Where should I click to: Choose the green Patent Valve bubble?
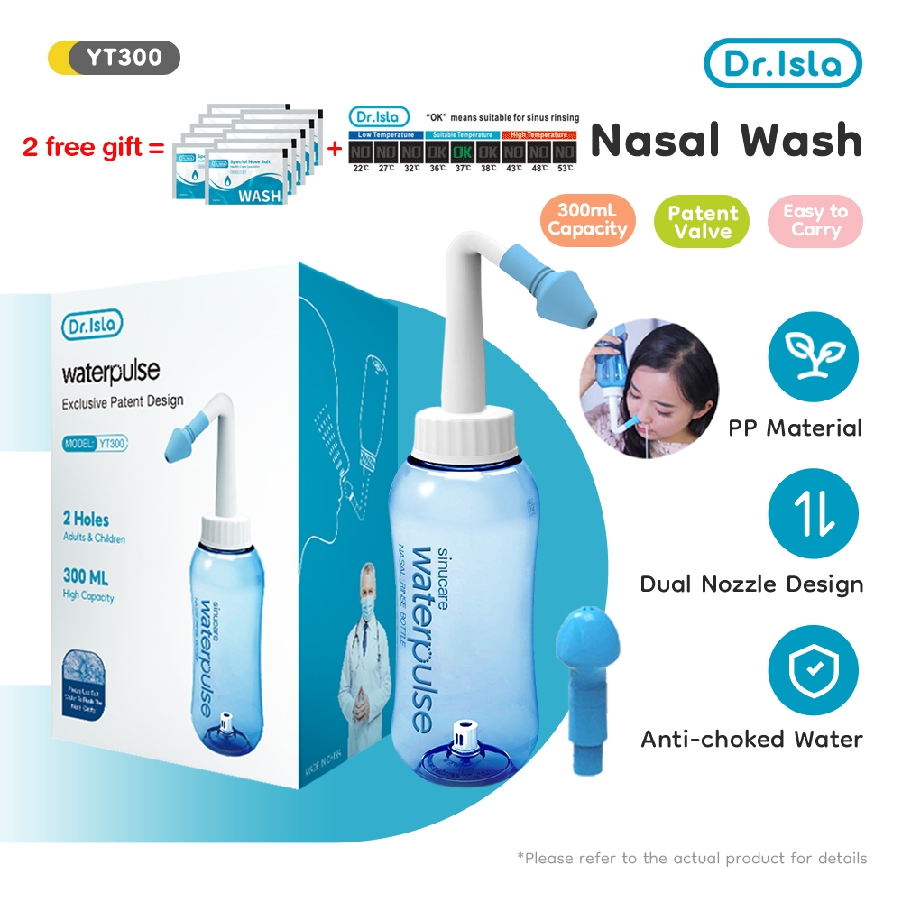coord(703,222)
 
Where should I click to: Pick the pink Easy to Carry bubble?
coord(815,221)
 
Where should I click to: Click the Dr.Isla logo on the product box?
coord(92,326)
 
